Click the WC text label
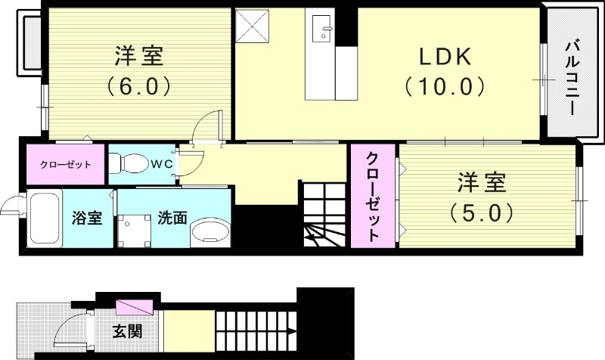(x=160, y=163)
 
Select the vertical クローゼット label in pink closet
(x=373, y=196)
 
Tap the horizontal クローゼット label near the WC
(x=67, y=164)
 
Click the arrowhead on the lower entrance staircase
(x=290, y=331)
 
